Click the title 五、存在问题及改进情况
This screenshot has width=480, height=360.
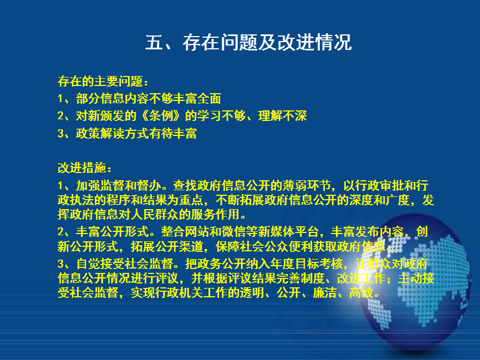pos(248,42)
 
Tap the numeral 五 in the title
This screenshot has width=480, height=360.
pos(154,42)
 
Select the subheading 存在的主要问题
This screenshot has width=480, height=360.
pos(100,81)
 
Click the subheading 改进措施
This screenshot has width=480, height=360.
pos(82,168)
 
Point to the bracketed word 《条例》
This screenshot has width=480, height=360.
pos(161,116)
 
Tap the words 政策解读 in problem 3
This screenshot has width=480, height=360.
pos(100,133)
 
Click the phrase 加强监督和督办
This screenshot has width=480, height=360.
pos(119,185)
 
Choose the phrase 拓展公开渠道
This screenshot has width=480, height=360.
pos(167,246)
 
